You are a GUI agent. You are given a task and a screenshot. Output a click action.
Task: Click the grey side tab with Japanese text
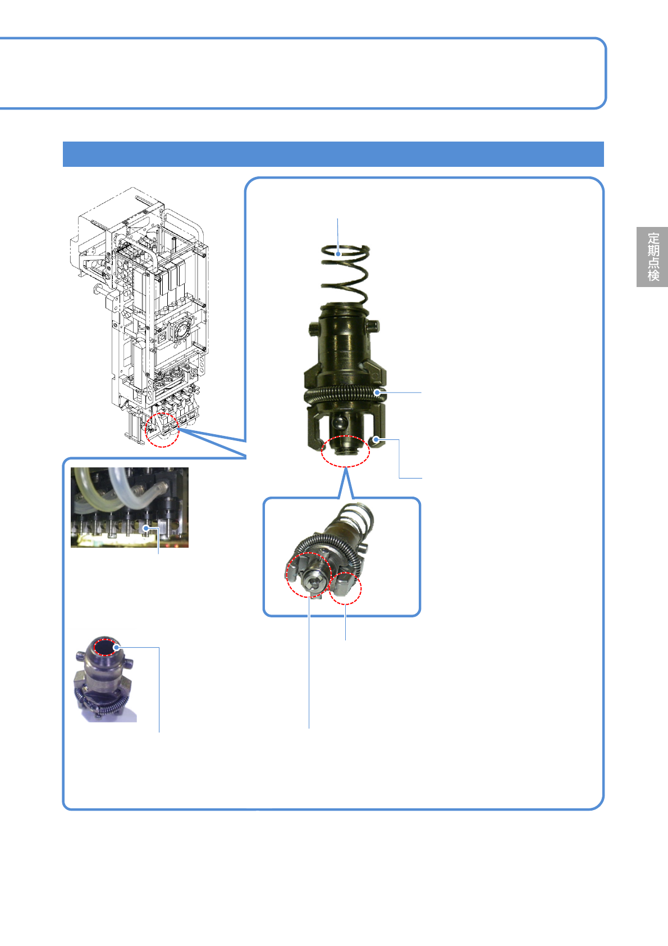coord(652,257)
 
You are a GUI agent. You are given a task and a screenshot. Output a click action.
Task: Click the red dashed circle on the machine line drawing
coord(162,430)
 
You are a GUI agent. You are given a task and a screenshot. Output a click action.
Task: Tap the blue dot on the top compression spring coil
coord(338,254)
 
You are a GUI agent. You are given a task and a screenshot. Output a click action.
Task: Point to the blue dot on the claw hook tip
coord(376,440)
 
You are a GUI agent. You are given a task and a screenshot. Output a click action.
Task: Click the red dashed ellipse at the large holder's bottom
coord(345,451)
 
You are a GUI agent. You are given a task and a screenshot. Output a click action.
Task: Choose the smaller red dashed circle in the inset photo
coord(345,588)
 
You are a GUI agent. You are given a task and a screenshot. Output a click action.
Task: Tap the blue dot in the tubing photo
coord(146,528)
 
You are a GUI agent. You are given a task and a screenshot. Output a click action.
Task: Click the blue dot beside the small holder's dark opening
coord(116,647)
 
